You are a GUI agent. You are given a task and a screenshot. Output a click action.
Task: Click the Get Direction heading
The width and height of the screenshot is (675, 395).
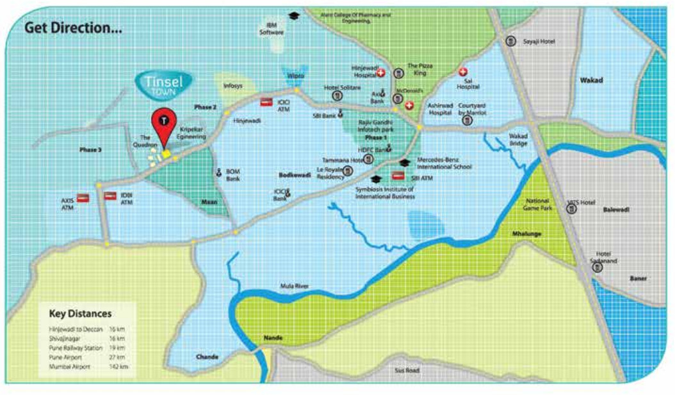click(73, 29)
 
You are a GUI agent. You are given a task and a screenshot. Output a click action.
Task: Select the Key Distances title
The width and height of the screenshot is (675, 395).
click(80, 314)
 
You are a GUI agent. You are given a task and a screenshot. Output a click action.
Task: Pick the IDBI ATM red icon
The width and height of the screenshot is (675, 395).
click(110, 196)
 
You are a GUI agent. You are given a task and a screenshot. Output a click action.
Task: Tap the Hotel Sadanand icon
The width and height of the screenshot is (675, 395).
click(597, 267)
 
